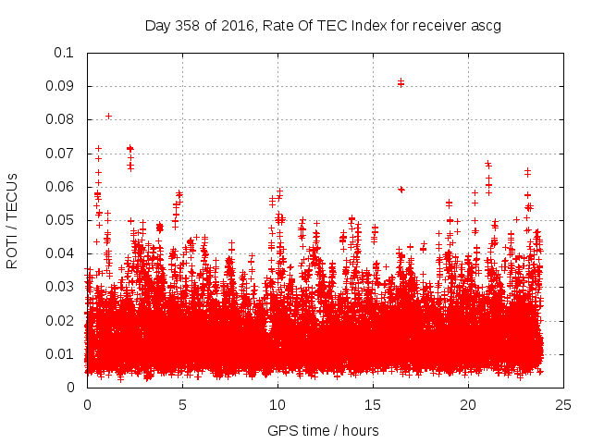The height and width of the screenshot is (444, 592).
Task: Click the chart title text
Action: [x=323, y=26]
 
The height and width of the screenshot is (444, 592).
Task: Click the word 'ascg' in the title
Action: [x=484, y=26]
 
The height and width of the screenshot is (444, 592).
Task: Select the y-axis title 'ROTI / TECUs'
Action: [x=13, y=220]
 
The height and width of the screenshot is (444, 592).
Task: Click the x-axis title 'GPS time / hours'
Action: [x=323, y=430]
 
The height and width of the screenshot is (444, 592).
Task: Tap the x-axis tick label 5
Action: [x=182, y=404]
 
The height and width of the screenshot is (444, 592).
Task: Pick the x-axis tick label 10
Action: [x=277, y=404]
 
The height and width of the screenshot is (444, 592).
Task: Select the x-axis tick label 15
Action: [x=373, y=404]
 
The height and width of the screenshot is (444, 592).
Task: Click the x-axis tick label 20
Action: [x=468, y=404]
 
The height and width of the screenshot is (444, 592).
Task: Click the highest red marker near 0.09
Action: [x=401, y=82]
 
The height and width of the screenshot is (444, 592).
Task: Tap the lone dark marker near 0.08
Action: [x=108, y=116]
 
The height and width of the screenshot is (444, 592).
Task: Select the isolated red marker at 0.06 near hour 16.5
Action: [x=401, y=189]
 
